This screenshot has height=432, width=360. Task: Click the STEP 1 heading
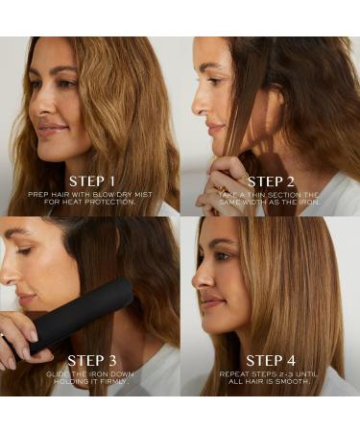(92, 181)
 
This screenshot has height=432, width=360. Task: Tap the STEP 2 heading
(271, 181)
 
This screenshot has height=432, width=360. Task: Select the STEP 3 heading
(92, 361)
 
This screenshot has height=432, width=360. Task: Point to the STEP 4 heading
(271, 361)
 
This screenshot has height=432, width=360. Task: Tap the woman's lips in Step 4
(208, 302)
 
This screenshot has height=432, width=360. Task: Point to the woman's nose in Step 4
(200, 279)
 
